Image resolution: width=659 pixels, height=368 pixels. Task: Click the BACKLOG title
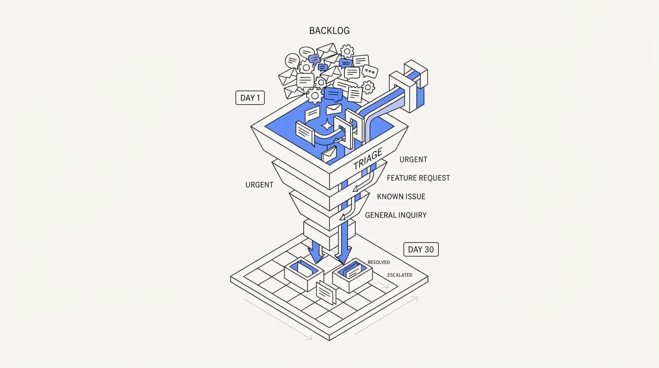[x=329, y=31]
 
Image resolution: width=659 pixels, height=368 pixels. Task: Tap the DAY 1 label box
[x=250, y=98]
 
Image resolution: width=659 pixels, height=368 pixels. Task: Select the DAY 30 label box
[x=420, y=249]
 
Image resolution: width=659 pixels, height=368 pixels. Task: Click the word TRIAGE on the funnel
[x=368, y=159]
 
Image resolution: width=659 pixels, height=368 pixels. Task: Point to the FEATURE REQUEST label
[x=419, y=178]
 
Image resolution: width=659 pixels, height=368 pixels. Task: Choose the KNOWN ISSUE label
[x=401, y=196]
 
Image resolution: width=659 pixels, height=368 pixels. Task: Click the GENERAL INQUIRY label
[x=396, y=215]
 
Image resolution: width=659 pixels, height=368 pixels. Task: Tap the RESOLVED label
[x=379, y=262]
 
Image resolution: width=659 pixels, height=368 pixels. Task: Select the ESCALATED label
[x=400, y=275]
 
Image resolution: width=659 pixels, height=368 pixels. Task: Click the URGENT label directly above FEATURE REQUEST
[x=413, y=160]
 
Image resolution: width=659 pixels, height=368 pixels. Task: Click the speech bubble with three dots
[x=370, y=71]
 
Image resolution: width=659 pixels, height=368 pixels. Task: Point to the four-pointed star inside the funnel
[x=327, y=125]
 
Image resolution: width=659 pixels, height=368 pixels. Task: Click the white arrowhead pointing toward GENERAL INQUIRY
[x=342, y=217]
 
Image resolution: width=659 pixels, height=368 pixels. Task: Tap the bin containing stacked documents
[x=352, y=275]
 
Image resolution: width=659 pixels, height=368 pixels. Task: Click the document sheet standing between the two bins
[x=326, y=293]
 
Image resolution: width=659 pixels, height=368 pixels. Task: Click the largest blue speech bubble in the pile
[x=334, y=94]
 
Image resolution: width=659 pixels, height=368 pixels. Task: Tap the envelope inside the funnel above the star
[x=334, y=109]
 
